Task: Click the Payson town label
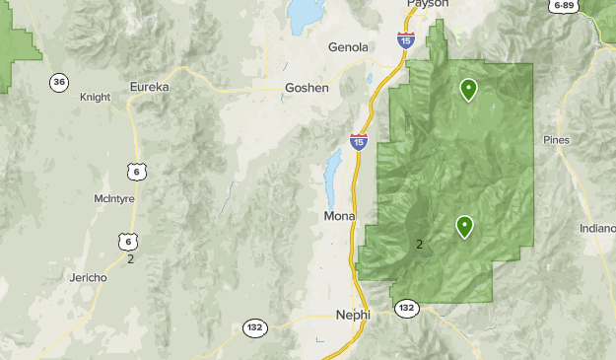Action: click(x=428, y=4)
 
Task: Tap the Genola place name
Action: click(x=348, y=47)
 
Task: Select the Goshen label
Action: click(x=306, y=87)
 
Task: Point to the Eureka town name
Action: click(x=150, y=87)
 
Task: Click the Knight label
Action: click(x=95, y=98)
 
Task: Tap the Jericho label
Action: click(x=88, y=278)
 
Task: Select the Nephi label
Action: click(x=353, y=315)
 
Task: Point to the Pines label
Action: click(x=556, y=140)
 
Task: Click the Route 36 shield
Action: click(x=59, y=82)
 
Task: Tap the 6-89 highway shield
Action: click(x=564, y=6)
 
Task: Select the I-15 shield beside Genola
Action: click(x=405, y=40)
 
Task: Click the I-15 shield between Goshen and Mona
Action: click(x=359, y=143)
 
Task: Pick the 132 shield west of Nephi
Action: click(x=255, y=326)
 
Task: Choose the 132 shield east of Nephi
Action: click(x=406, y=309)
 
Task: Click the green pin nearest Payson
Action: click(x=469, y=90)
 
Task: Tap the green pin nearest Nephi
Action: click(x=463, y=227)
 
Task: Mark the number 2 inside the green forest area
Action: click(x=420, y=244)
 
